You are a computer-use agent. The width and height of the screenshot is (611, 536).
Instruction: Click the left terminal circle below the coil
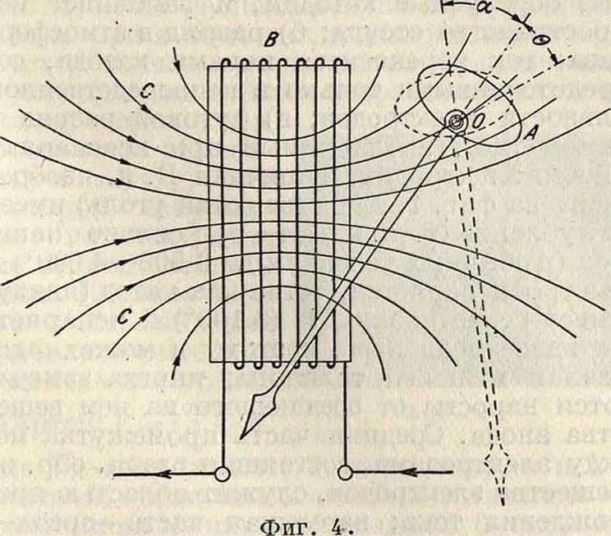(220, 474)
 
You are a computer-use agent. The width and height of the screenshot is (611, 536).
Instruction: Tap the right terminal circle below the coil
(346, 474)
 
